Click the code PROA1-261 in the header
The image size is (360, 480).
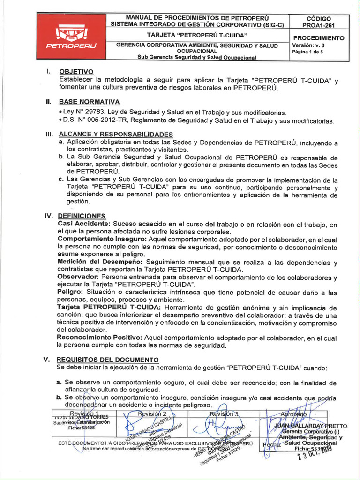(x=318, y=25)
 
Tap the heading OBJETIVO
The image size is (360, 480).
(x=76, y=72)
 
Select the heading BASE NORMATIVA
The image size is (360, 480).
(x=89, y=102)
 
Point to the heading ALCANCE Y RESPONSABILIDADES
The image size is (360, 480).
(x=116, y=134)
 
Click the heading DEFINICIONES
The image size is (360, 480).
(x=82, y=216)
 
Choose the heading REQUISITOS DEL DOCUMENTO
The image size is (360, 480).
(x=107, y=360)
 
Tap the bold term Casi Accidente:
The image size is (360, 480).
(x=83, y=224)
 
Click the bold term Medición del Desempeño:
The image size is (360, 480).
(x=100, y=262)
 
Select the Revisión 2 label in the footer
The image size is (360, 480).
(x=153, y=413)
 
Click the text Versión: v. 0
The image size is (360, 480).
(x=308, y=45)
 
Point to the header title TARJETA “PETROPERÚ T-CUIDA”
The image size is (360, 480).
(x=197, y=35)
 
